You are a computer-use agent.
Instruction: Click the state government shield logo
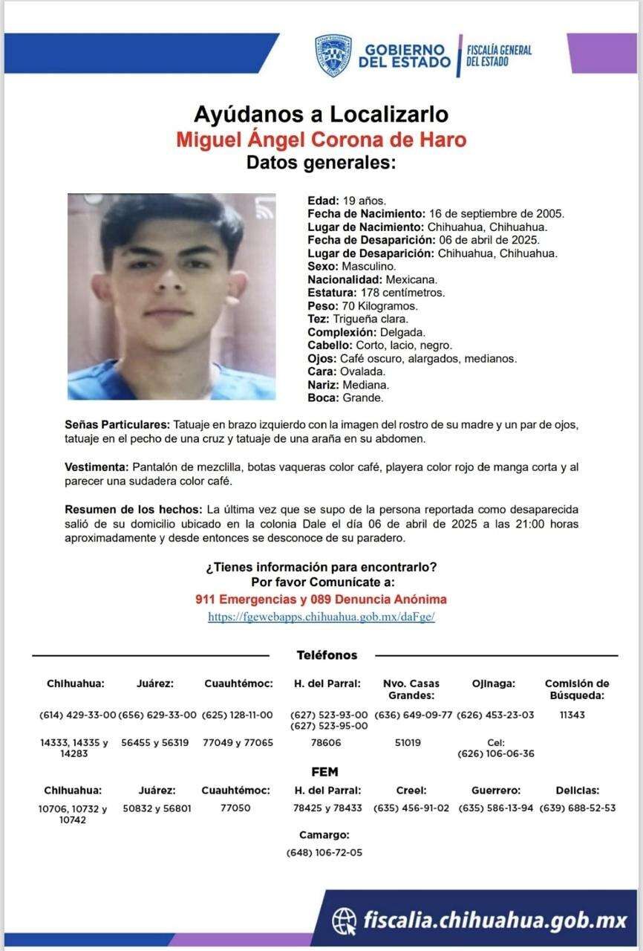(x=333, y=55)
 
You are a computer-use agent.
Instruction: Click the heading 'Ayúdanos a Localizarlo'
(x=321, y=114)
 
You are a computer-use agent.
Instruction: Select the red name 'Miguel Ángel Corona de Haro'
(x=321, y=140)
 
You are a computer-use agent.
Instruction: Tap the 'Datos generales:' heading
(x=321, y=163)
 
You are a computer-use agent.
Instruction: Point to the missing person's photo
(x=172, y=296)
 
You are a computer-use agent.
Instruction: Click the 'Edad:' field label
(x=323, y=201)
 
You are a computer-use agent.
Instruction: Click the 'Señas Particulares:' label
(x=117, y=425)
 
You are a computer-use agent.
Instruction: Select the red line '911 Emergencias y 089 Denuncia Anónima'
(x=321, y=599)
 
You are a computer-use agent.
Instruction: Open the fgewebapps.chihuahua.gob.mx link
(x=321, y=617)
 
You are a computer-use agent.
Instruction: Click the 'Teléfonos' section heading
(x=327, y=655)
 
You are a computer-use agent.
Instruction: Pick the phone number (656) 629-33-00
(x=157, y=715)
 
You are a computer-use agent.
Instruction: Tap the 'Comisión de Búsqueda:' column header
(x=577, y=689)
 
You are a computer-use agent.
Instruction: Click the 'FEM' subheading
(x=325, y=772)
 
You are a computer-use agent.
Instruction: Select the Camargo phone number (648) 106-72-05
(x=324, y=852)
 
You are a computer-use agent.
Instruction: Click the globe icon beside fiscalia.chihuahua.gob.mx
(x=344, y=920)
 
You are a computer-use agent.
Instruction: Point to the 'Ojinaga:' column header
(x=493, y=684)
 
